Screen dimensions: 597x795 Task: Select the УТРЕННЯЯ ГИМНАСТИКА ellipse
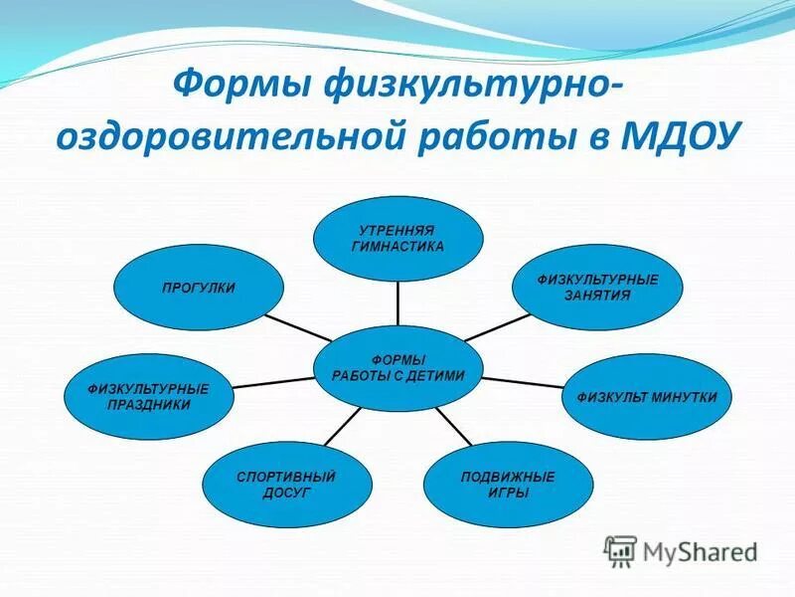[397, 239]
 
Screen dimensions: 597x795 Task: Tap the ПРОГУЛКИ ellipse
[199, 288]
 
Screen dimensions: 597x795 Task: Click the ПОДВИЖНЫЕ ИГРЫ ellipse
[508, 485]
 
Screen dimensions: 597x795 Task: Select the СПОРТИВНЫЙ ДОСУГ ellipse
[286, 485]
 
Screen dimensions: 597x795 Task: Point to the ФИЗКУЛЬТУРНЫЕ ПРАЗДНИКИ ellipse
[149, 397]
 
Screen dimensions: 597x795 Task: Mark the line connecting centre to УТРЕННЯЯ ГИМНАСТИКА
[397, 303]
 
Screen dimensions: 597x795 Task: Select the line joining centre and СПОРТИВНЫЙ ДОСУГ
[344, 425]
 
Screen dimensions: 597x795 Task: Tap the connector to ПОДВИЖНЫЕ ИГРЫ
[452, 425]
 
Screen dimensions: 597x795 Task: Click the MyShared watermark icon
[621, 550]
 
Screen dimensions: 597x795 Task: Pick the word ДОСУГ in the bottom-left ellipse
[286, 493]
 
